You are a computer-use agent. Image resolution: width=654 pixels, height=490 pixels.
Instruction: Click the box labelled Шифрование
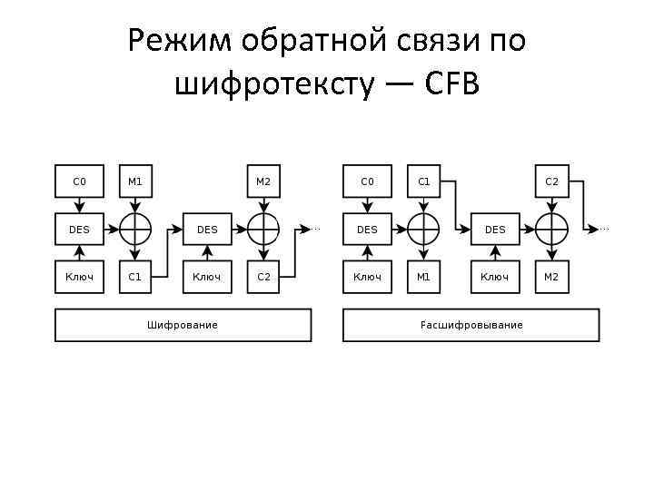coord(183,325)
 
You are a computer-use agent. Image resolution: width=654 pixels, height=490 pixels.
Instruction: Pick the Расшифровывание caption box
coord(471,325)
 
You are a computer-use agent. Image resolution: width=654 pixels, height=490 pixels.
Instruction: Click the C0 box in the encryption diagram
coord(79,181)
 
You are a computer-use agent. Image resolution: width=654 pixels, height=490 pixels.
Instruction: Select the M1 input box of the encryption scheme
coord(134,181)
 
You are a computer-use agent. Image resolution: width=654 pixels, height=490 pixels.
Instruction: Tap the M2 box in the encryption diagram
coord(263,181)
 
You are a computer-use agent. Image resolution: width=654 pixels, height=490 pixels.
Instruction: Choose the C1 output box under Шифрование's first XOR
coord(134,277)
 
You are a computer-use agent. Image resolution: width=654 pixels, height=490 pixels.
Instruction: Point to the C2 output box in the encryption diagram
coord(263,277)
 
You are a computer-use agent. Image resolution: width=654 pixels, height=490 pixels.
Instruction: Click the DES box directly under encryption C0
coord(79,230)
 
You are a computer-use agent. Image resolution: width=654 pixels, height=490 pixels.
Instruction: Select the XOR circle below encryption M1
coord(134,229)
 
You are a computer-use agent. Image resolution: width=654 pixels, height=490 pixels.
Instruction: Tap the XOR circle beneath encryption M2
coord(263,229)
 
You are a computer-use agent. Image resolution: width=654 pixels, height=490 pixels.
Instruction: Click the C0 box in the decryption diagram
coord(367,181)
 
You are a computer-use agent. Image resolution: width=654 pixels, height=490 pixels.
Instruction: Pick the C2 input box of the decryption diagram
coord(551,181)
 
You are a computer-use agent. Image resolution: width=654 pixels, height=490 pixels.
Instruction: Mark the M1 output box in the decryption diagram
coord(422,277)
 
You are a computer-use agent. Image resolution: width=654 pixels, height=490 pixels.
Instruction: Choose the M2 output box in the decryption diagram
coord(551,277)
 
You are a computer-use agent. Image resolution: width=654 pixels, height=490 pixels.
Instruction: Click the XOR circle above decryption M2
coord(551,229)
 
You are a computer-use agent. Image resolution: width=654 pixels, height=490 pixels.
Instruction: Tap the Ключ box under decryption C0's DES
coord(367,277)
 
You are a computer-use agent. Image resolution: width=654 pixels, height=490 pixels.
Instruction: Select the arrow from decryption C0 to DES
coord(367,205)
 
